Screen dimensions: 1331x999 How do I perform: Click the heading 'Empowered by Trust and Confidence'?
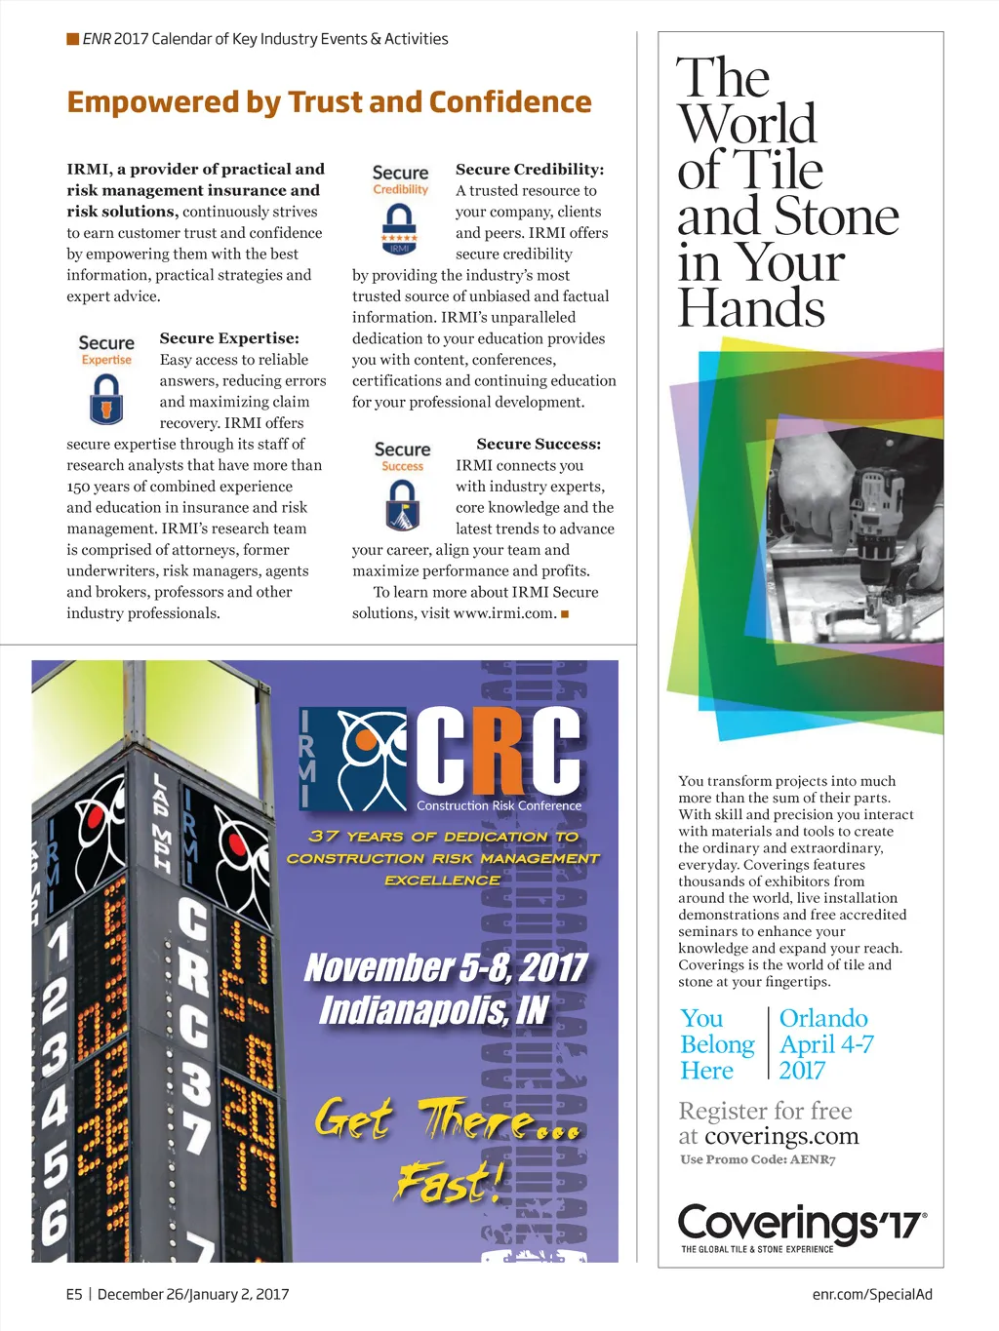329,102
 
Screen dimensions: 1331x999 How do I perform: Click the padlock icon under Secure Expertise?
106,398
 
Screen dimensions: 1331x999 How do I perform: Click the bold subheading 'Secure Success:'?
539,444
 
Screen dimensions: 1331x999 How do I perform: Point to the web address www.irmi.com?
504,613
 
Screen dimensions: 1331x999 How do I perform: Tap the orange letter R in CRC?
500,749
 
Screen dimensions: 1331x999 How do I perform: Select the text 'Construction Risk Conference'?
499,805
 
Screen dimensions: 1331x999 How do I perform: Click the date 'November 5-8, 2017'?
445,967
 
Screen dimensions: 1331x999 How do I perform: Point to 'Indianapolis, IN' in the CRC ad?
434,1010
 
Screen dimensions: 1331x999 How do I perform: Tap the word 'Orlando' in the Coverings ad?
823,1018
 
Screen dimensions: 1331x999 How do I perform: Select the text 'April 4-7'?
826,1044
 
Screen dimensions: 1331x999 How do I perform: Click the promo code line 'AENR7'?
757,1159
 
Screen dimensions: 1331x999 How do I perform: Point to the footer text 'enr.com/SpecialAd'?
872,1294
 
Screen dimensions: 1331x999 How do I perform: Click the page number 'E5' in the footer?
74,1294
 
